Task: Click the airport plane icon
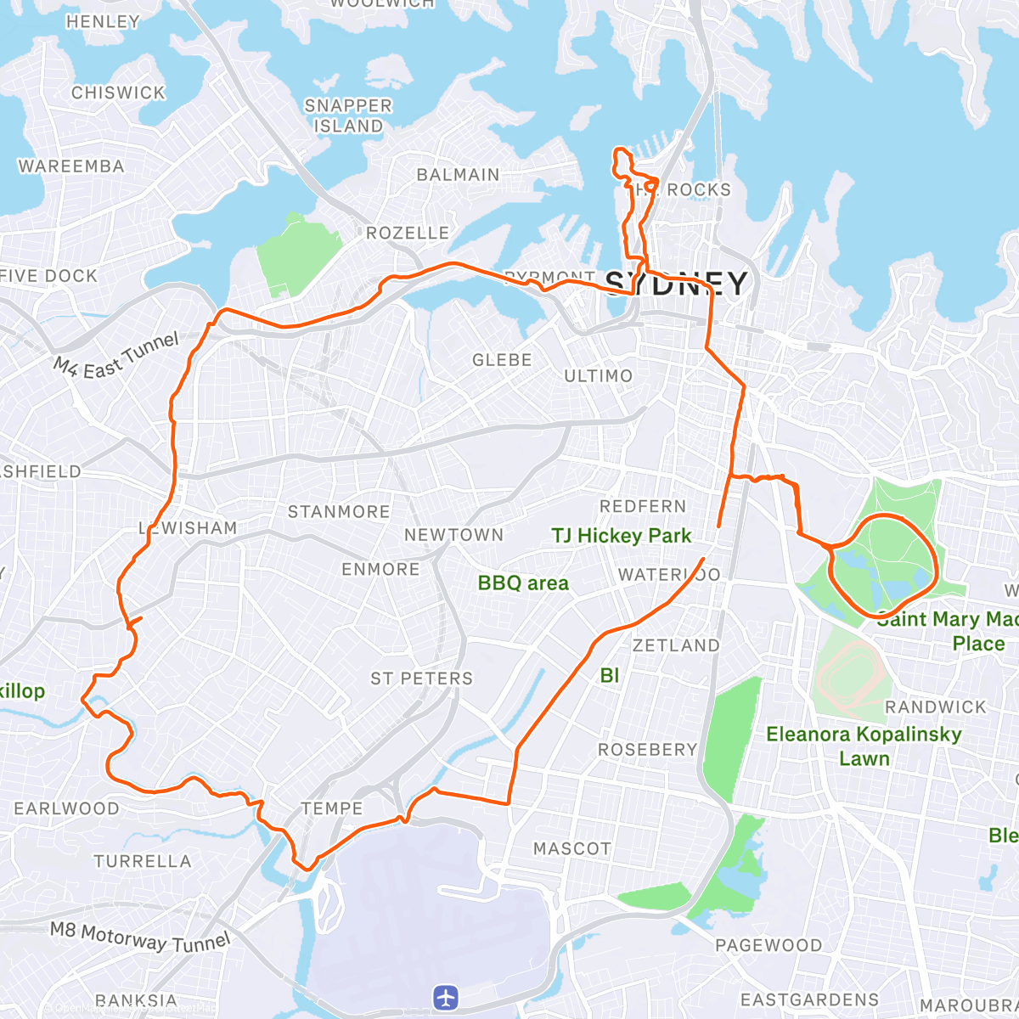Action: (445, 997)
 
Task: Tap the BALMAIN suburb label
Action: (458, 175)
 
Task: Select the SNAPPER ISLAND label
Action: (348, 115)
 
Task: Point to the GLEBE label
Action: (502, 360)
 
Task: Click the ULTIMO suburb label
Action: (599, 375)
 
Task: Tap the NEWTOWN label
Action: (453, 535)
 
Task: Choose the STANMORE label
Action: (339, 511)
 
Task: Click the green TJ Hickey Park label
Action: (622, 536)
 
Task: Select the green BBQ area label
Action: (523, 583)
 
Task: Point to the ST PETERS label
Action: (421, 678)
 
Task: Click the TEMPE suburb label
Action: (332, 808)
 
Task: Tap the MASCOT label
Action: (571, 848)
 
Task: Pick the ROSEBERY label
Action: (647, 750)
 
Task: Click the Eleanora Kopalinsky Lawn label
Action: (864, 746)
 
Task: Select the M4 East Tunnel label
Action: (117, 355)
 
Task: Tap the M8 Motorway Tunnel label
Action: (140, 937)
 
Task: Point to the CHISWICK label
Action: (118, 93)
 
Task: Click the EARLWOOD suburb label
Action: (66, 808)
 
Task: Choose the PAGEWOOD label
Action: (768, 945)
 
